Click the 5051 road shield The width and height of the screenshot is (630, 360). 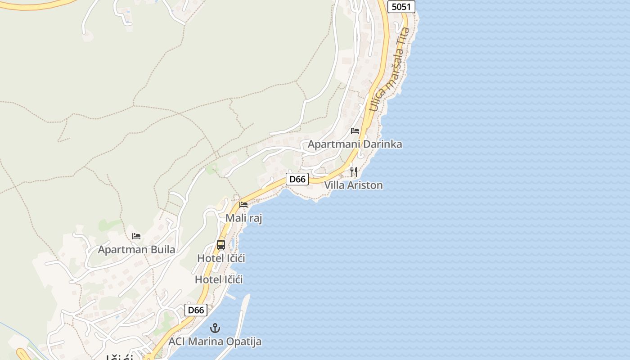click(x=401, y=7)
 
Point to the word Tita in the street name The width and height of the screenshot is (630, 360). click(x=404, y=36)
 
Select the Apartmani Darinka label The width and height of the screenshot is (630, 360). click(x=355, y=144)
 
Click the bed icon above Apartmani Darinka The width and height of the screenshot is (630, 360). click(x=355, y=131)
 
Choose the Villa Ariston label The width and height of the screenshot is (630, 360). click(x=353, y=185)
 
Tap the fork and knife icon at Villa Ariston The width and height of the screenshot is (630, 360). click(x=354, y=172)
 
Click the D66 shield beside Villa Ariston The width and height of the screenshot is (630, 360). click(x=297, y=179)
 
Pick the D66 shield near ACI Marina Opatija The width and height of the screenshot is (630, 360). click(x=196, y=310)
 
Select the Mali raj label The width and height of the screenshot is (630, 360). click(x=243, y=218)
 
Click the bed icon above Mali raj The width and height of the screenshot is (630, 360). click(x=243, y=204)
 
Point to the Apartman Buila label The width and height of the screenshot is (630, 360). click(x=136, y=250)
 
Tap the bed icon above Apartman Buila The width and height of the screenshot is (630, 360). click(x=136, y=236)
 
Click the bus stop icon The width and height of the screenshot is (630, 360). click(x=220, y=245)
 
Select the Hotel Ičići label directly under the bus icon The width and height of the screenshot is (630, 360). click(x=221, y=258)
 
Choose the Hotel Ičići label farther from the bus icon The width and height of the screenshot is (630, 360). click(x=219, y=279)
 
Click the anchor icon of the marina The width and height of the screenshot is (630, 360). click(x=215, y=328)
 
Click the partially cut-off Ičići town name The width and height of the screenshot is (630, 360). click(x=119, y=357)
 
